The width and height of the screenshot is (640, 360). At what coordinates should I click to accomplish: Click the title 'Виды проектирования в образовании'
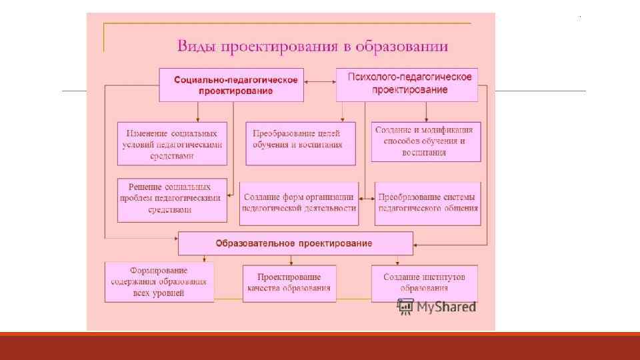[312, 47]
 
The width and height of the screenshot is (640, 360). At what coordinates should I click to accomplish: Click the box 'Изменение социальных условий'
[172, 143]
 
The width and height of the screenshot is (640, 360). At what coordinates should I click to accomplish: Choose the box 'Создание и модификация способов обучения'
[425, 141]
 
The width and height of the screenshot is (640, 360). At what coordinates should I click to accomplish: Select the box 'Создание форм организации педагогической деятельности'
[299, 203]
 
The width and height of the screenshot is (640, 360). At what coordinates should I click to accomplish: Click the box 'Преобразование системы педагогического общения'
[427, 203]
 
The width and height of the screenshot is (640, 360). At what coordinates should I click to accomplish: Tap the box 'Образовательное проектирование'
[295, 243]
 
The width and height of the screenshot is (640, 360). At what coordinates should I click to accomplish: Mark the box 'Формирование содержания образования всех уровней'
[159, 282]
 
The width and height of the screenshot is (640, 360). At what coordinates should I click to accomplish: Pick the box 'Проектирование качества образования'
[289, 283]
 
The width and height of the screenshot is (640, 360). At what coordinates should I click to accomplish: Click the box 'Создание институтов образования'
[424, 283]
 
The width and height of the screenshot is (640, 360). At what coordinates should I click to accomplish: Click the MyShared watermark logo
[437, 307]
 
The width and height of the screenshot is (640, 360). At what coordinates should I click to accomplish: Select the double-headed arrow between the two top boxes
[320, 82]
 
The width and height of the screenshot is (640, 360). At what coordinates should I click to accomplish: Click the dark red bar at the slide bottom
[320, 346]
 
